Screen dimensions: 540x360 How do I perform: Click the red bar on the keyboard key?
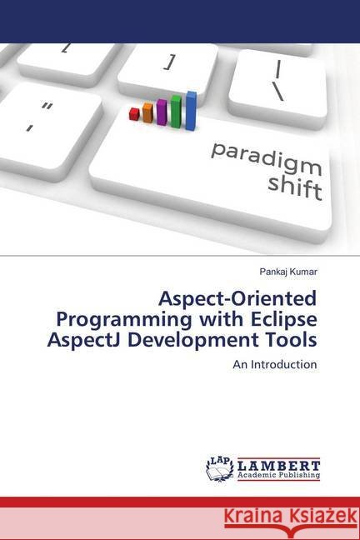pyautogui.click(x=134, y=114)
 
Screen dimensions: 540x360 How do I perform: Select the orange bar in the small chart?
pyautogui.click(x=147, y=112)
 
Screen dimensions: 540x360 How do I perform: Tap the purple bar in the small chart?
pyautogui.click(x=162, y=112)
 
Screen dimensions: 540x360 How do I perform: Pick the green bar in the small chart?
pyautogui.click(x=176, y=110)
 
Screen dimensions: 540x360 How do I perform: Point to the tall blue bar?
pyautogui.click(x=191, y=111)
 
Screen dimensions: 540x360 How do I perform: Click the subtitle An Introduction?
pyautogui.click(x=275, y=364)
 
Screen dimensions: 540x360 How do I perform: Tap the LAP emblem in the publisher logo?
pyautogui.click(x=219, y=468)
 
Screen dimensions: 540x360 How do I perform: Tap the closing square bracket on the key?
pyautogui.click(x=171, y=61)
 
